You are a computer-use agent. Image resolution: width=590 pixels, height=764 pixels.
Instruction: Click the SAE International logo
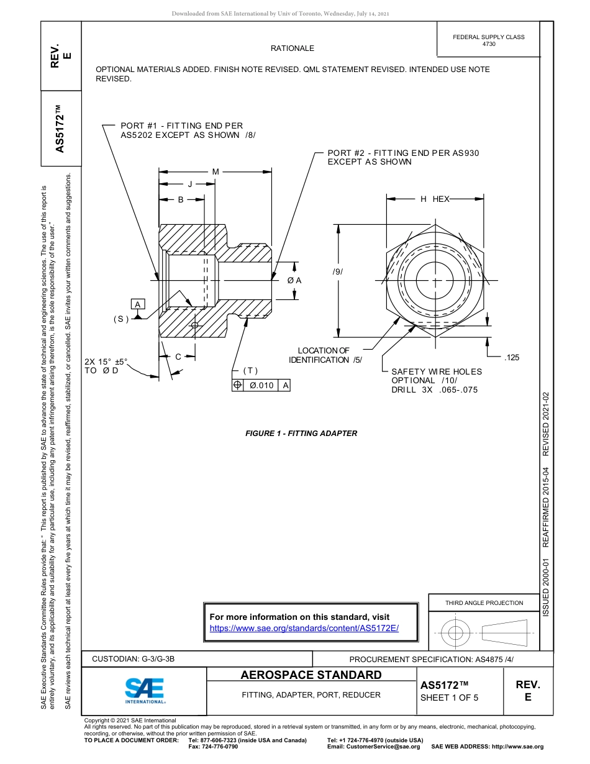tap(145, 690)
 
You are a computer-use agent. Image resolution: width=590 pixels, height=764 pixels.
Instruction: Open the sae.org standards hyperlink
tap(304, 628)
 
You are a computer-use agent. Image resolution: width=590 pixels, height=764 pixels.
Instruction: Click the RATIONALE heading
tap(292, 48)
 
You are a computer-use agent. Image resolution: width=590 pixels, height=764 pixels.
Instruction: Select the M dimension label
tap(216, 171)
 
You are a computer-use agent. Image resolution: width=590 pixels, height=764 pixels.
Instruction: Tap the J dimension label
tap(190, 184)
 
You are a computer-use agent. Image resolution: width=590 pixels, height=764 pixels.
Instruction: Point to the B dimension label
tap(181, 199)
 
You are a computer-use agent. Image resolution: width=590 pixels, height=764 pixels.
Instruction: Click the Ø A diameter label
tap(294, 280)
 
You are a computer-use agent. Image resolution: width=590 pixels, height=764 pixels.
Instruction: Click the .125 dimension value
tap(512, 358)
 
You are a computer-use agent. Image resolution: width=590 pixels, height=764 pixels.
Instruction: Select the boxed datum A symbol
tap(138, 304)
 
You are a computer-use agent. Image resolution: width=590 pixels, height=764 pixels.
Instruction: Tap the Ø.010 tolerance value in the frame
tap(261, 385)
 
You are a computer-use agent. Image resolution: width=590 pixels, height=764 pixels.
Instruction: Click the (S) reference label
tap(120, 319)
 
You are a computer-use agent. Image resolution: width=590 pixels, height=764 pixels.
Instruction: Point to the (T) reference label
tap(250, 371)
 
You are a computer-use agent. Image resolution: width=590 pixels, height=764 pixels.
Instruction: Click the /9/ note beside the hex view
tap(337, 272)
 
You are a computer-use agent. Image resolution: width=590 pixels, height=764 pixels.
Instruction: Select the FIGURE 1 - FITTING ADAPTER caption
tap(301, 434)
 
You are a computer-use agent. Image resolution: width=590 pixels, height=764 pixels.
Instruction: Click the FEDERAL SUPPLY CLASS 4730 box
tap(488, 40)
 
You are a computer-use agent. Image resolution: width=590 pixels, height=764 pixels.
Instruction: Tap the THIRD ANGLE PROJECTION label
tap(484, 603)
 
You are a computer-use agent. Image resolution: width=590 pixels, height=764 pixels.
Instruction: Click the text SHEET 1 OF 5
tap(450, 697)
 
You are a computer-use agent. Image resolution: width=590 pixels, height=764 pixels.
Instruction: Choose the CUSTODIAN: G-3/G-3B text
tap(138, 659)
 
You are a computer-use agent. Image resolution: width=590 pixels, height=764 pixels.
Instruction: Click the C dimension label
tap(178, 357)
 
